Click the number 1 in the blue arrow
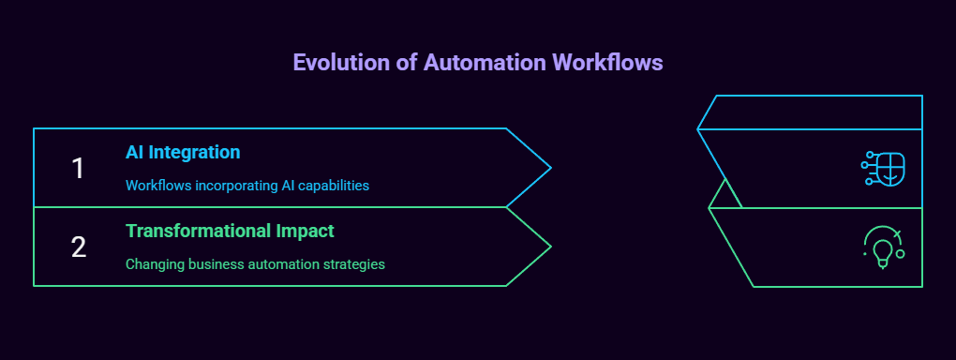[x=79, y=168]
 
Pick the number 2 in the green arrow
[x=79, y=247]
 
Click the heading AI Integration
[x=183, y=152]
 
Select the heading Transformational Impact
[x=230, y=231]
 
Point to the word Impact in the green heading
[x=303, y=231]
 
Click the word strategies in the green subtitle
[x=352, y=264]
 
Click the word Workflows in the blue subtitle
[x=155, y=186]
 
